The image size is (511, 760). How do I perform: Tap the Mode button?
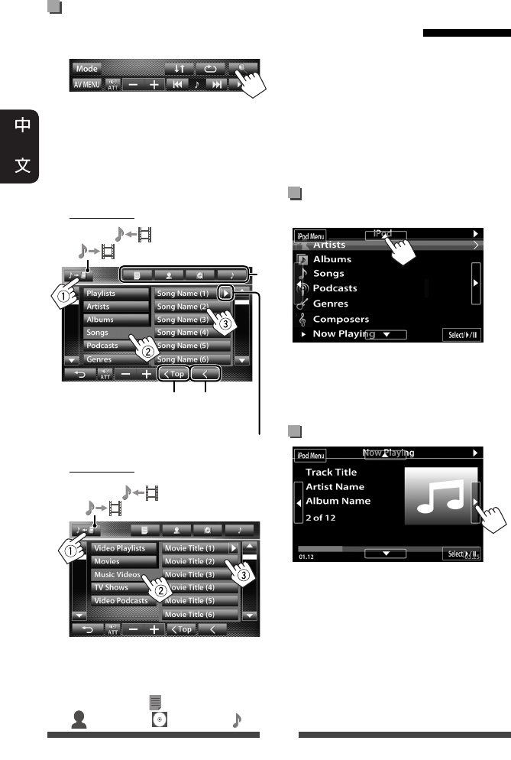pos(87,68)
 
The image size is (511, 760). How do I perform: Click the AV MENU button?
pos(86,85)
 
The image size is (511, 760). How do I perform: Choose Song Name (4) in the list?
pos(182,333)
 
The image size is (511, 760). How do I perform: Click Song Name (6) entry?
pos(182,359)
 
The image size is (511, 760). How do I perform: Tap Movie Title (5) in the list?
pos(195,601)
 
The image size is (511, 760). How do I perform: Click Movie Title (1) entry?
pos(195,548)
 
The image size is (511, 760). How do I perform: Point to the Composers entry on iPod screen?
pos(341,319)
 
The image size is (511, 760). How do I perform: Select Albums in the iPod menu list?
pos(332,259)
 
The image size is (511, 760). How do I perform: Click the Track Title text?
pos(331,472)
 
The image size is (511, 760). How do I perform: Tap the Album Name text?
pos(338,501)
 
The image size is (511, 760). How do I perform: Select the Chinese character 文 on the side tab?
pos(23,165)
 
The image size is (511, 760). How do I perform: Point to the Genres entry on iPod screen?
pos(330,304)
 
